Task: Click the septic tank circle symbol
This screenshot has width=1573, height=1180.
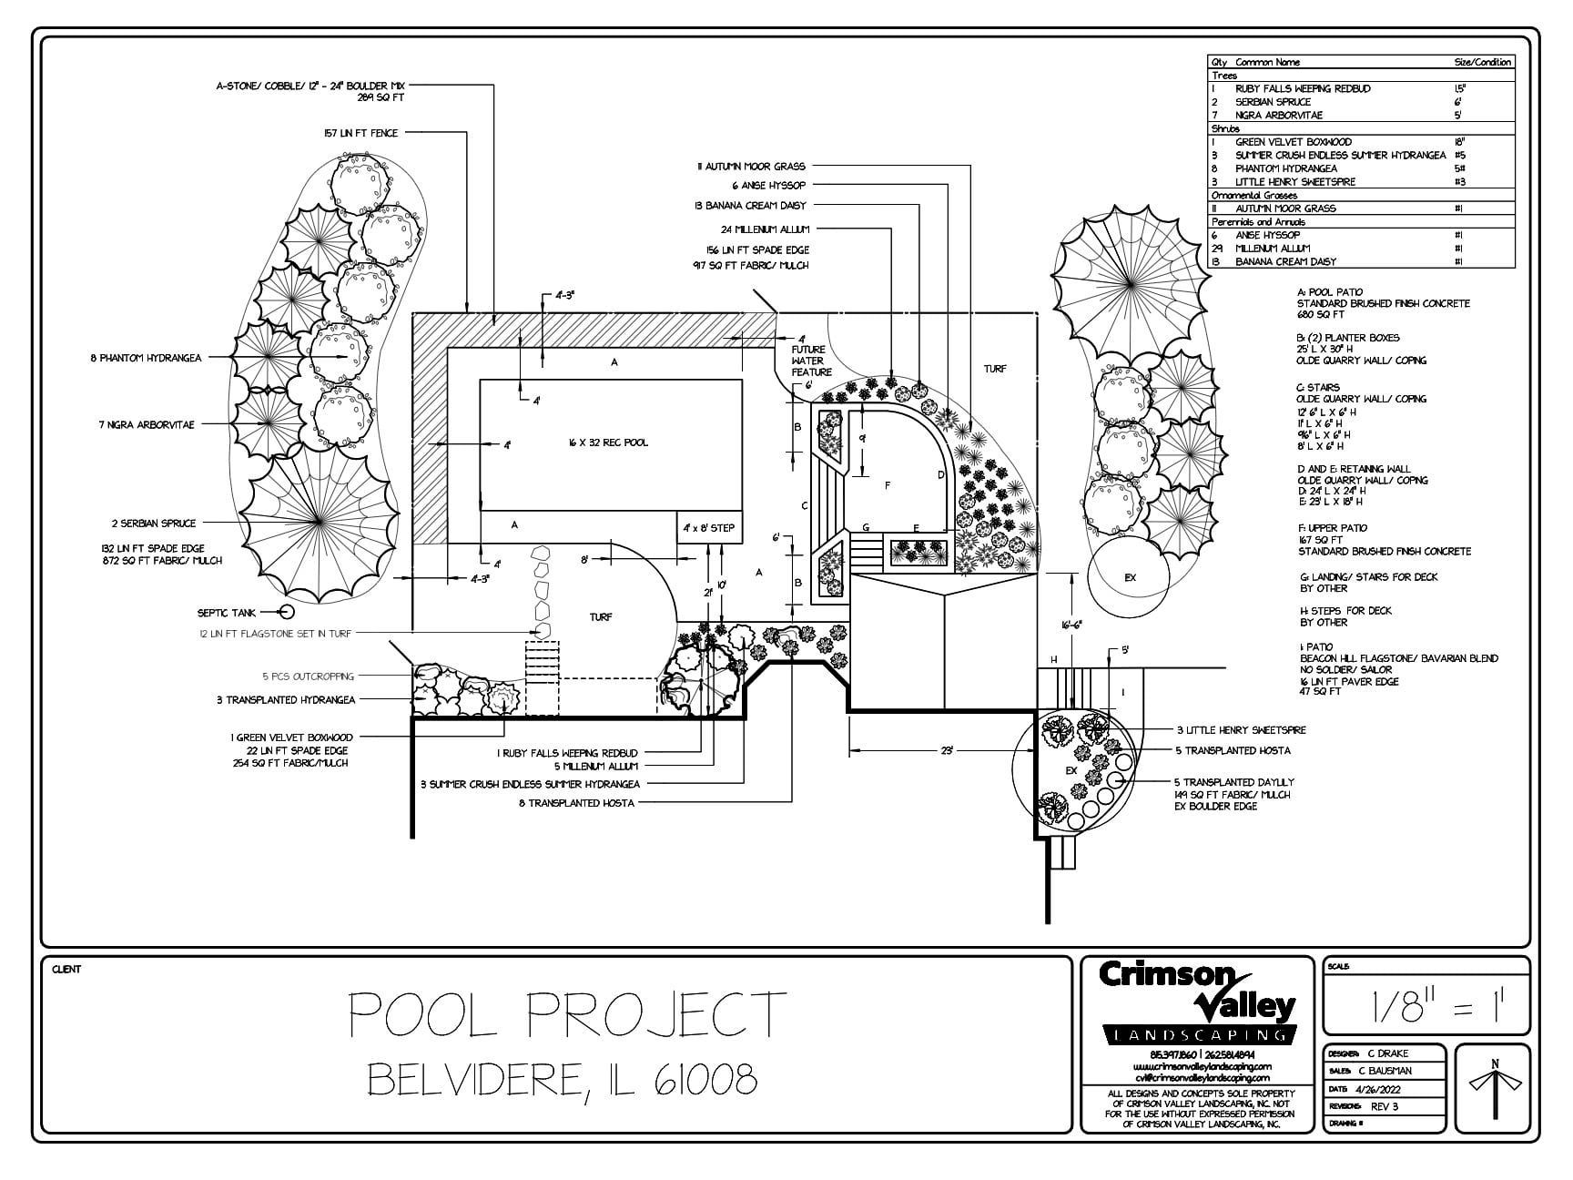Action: [286, 613]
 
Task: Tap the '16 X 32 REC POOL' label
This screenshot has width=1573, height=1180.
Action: [608, 442]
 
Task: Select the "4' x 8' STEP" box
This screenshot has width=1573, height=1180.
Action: [709, 528]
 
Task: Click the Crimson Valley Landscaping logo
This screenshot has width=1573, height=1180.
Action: [1197, 1002]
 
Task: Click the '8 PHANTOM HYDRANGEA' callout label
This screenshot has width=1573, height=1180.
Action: [146, 358]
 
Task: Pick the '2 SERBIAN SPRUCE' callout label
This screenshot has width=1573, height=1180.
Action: [153, 524]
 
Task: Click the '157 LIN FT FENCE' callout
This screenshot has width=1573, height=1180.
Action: [360, 133]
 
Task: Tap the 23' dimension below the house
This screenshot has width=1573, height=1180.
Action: [947, 751]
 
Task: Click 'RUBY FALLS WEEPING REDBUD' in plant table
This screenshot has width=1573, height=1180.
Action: [1302, 88]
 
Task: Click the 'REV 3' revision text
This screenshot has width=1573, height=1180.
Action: [1384, 1106]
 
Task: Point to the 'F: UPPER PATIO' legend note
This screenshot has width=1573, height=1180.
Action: [1333, 528]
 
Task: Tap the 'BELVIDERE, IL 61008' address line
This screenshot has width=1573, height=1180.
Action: [563, 1081]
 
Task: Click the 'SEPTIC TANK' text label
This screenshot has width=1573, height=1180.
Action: [227, 613]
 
